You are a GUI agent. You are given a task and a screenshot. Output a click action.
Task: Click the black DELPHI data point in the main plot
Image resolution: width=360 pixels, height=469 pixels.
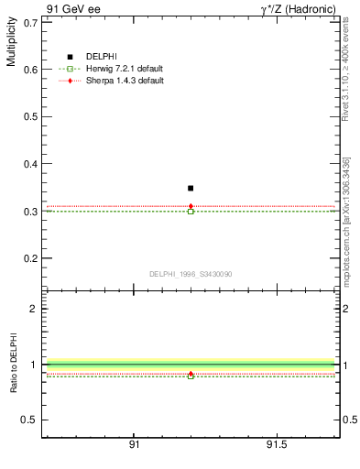coord(191,188)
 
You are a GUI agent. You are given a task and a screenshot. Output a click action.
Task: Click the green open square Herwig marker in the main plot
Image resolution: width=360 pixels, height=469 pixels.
coord(191,212)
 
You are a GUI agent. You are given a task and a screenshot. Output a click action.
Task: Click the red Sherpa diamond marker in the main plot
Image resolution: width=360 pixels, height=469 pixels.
coord(191,206)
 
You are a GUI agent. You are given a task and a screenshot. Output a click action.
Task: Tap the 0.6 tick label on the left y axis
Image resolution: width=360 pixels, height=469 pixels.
coord(30,70)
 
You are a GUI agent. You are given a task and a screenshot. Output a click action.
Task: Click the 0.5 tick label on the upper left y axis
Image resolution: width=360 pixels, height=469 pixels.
coord(30,116)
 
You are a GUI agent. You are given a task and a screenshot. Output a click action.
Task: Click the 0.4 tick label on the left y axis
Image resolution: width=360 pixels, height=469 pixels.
coord(30,164)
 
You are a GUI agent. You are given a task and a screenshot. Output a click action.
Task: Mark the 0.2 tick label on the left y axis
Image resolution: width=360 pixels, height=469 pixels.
coord(30,258)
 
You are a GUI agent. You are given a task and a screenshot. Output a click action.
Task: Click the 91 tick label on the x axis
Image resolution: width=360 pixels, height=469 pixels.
coord(135,444)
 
